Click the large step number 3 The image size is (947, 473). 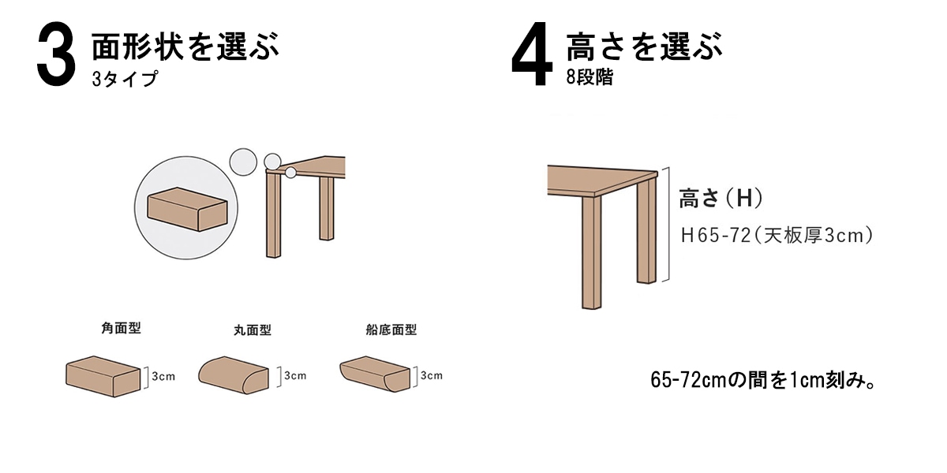pyautogui.click(x=57, y=55)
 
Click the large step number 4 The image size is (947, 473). pyautogui.click(x=532, y=55)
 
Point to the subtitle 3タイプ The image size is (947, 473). pyautogui.click(x=125, y=79)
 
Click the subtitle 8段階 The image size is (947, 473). pyautogui.click(x=590, y=77)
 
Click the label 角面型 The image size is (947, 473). pyautogui.click(x=121, y=328)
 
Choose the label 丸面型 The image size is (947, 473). pyautogui.click(x=253, y=330)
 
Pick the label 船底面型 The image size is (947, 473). pyautogui.click(x=391, y=330)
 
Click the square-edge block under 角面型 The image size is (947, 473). pyautogui.click(x=103, y=376)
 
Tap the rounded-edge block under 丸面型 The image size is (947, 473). pyautogui.click(x=234, y=375)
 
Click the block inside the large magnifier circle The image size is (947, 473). pyautogui.click(x=187, y=210)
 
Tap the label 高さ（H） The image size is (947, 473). pyautogui.click(x=721, y=198)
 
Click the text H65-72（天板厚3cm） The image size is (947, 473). pyautogui.click(x=777, y=236)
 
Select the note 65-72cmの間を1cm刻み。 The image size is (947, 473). pyautogui.click(x=762, y=380)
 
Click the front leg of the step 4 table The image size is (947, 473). pyautogui.click(x=591, y=252)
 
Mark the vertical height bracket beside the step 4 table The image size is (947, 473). pyautogui.click(x=668, y=224)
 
